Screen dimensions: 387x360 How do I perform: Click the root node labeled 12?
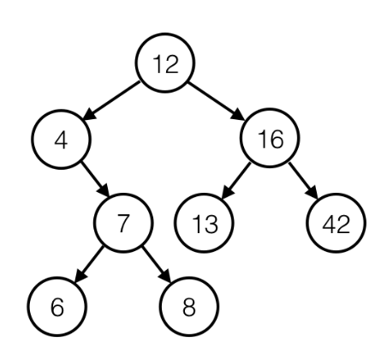pos(165,63)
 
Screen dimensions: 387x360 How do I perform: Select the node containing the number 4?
pos(61,139)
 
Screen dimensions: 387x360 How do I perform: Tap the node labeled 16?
pos(270,138)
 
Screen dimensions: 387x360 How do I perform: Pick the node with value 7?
pos(123,223)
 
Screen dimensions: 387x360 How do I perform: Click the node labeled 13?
pos(204,223)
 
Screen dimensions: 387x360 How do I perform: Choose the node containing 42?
pos(336,223)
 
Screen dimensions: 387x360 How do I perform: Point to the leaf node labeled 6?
pos(57,307)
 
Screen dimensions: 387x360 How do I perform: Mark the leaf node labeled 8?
pos(189,307)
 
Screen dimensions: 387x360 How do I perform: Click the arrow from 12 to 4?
pos(111,100)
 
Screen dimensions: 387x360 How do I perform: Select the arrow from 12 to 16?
pos(217,101)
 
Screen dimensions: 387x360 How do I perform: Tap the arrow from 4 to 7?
pos(95,179)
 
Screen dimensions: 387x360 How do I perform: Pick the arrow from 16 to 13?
pos(236,180)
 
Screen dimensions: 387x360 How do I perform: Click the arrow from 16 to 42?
pos(303,181)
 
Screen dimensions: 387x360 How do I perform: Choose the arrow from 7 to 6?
pos(89,264)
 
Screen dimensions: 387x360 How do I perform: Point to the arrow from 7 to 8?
pos(156,264)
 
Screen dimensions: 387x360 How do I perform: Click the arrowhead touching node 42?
pos(313,193)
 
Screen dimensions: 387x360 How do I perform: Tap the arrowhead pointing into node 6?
pos(80,276)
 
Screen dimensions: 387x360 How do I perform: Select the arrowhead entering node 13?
pos(227,191)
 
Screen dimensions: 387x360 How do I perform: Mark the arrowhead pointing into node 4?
pos(89,115)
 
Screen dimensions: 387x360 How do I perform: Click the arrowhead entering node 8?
pos(165,276)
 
